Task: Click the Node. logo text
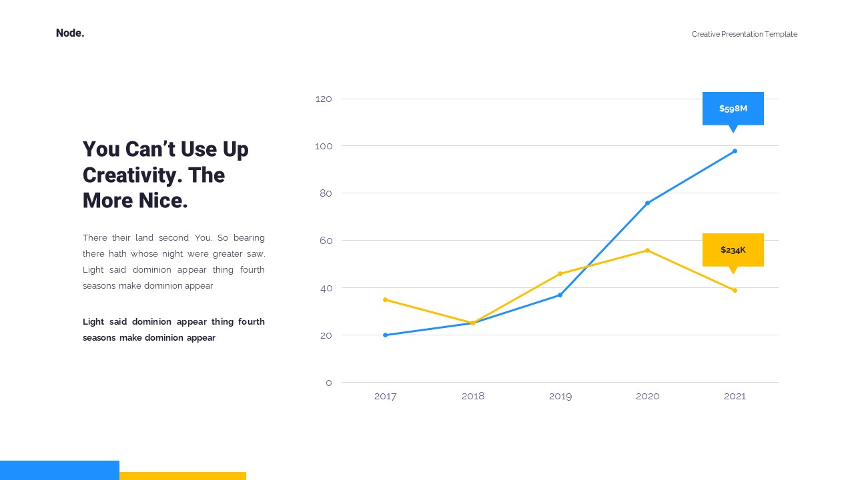(70, 33)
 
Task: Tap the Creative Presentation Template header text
(744, 34)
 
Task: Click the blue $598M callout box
(733, 109)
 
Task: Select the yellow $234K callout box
(733, 250)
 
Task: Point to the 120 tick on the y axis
(324, 99)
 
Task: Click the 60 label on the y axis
(326, 241)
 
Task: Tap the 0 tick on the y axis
(329, 383)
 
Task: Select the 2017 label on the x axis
(385, 397)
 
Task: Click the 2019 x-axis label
(560, 397)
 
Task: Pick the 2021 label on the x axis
(735, 397)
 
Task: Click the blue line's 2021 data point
(735, 151)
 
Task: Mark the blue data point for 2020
(647, 203)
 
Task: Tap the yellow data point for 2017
(385, 300)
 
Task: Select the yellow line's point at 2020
(647, 250)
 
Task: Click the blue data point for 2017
(385, 335)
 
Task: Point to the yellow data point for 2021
(735, 290)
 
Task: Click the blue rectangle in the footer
(59, 470)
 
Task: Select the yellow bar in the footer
(183, 476)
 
